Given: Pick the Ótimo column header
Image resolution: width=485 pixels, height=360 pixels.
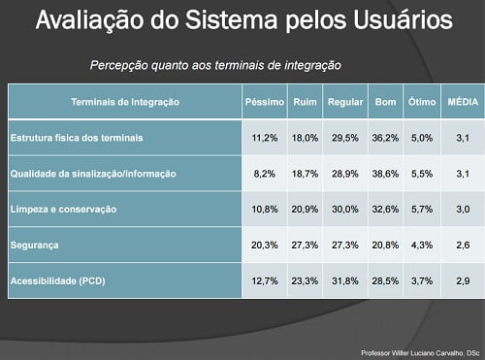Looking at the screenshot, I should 422,101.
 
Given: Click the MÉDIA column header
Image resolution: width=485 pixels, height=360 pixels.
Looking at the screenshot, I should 459,101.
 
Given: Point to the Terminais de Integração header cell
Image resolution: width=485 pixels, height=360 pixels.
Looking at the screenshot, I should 123,101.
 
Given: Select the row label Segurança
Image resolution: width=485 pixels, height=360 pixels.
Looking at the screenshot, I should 37,245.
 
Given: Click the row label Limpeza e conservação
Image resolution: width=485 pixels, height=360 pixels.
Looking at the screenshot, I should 63,209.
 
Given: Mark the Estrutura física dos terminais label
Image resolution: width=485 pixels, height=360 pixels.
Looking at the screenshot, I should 77,138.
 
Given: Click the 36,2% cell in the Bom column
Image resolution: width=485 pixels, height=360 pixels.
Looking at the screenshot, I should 385,138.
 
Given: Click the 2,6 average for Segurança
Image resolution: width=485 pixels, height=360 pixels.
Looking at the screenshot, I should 459,245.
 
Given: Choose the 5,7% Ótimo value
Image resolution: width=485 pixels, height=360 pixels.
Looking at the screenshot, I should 422,209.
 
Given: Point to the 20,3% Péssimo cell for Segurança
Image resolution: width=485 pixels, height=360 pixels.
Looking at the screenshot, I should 265,245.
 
